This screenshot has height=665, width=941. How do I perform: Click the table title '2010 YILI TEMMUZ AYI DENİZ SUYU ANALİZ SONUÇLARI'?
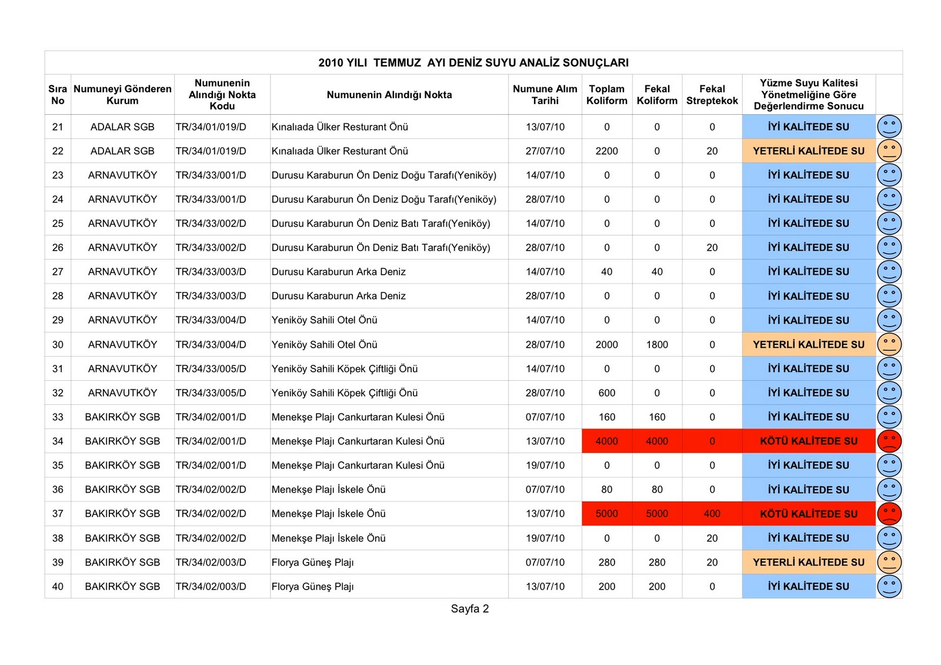tap(473, 62)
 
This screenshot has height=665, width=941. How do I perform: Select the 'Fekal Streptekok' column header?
tap(712, 95)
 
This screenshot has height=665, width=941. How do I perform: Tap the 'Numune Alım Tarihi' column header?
tap(545, 95)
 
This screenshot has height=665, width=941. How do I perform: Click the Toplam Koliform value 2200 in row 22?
tap(606, 151)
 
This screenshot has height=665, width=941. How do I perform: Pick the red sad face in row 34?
tap(889, 441)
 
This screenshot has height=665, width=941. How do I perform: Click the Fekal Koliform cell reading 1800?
tap(657, 345)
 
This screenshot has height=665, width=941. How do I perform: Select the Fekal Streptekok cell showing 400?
tap(712, 514)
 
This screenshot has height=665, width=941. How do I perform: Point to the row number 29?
tap(58, 320)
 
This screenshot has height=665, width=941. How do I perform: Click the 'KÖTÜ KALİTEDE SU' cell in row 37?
tap(808, 514)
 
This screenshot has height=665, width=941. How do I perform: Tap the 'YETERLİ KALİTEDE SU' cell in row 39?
tap(808, 563)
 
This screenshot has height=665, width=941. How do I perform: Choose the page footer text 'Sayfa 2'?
tap(469, 609)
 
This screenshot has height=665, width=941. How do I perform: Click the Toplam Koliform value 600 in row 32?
tap(606, 393)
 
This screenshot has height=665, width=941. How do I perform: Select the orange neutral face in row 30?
tap(889, 345)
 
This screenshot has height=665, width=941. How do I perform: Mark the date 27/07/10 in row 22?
tap(545, 151)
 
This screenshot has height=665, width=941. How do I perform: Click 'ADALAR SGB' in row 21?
tap(122, 127)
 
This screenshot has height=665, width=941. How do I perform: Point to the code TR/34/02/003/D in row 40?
tap(211, 587)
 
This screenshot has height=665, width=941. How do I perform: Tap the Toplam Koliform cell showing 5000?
tap(606, 514)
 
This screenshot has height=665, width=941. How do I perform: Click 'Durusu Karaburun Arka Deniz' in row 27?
tap(338, 272)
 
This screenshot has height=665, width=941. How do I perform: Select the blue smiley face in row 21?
tap(889, 127)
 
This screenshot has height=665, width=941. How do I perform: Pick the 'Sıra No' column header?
tap(58, 95)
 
